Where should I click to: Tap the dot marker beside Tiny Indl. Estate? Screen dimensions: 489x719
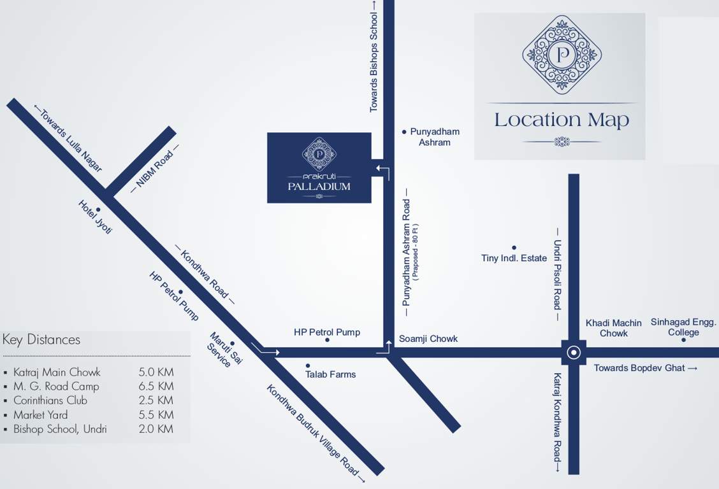pyautogui.click(x=514, y=248)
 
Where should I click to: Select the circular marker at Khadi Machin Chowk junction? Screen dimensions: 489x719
pyautogui.click(x=574, y=352)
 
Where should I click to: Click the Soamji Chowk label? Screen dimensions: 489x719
pyautogui.click(x=428, y=339)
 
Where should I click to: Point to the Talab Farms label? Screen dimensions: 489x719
pyautogui.click(x=330, y=374)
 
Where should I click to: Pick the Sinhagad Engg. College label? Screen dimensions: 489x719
pyautogui.click(x=683, y=327)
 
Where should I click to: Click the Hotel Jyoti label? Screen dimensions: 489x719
pyautogui.click(x=95, y=217)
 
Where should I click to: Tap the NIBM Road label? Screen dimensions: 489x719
pyautogui.click(x=154, y=170)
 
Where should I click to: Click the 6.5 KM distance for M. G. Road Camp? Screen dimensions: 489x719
pyautogui.click(x=156, y=386)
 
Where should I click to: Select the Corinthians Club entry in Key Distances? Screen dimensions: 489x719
pyautogui.click(x=50, y=400)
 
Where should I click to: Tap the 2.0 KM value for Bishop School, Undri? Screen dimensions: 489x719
pyautogui.click(x=156, y=429)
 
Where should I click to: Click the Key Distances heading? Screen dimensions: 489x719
pyautogui.click(x=41, y=339)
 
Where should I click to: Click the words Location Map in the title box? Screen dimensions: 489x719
pyautogui.click(x=561, y=120)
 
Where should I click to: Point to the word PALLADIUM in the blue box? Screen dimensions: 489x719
pyautogui.click(x=319, y=187)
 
